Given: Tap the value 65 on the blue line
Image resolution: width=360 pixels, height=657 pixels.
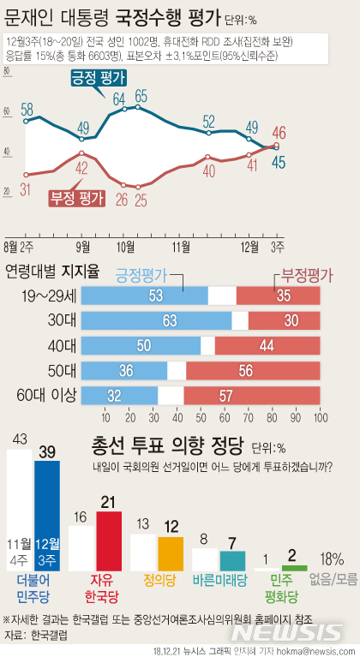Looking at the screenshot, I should tap(141, 95).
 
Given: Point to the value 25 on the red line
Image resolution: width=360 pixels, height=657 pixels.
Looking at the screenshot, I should tap(141, 200).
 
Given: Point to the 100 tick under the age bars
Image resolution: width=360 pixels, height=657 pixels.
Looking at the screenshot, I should tap(321, 417).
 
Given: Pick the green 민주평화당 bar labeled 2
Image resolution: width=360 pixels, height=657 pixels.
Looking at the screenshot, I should tap(294, 568).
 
